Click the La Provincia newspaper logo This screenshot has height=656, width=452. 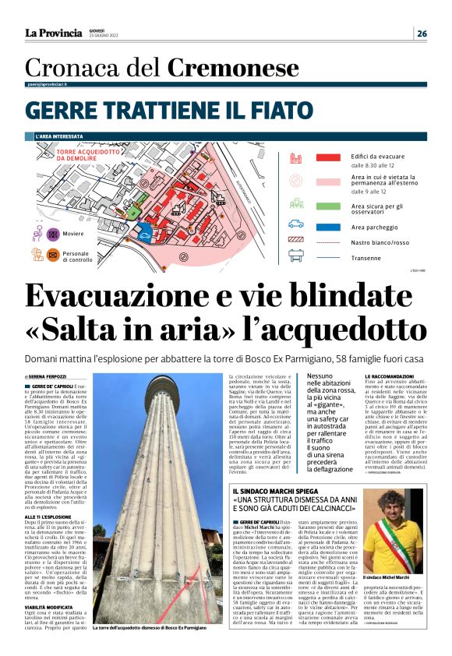[x=53, y=33]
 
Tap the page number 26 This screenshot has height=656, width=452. [x=421, y=34]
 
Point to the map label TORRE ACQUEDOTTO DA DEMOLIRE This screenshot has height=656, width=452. [x=88, y=154]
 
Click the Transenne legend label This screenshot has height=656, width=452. [x=366, y=257]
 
